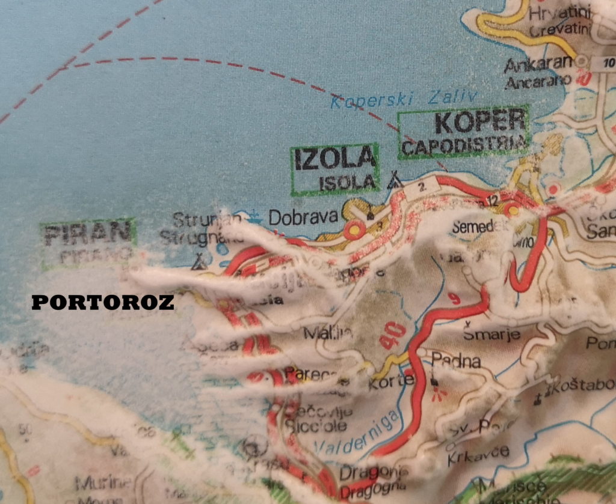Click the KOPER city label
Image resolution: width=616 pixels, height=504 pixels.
click(479, 123)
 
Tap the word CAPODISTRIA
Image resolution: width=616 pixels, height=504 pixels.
click(462, 145)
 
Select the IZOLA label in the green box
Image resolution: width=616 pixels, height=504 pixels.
click(335, 159)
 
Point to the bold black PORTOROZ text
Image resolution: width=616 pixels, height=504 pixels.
click(103, 302)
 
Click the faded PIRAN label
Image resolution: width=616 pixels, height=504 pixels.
click(88, 234)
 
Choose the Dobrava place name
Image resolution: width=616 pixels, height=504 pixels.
click(303, 217)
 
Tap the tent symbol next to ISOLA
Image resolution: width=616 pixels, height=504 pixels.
click(395, 178)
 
